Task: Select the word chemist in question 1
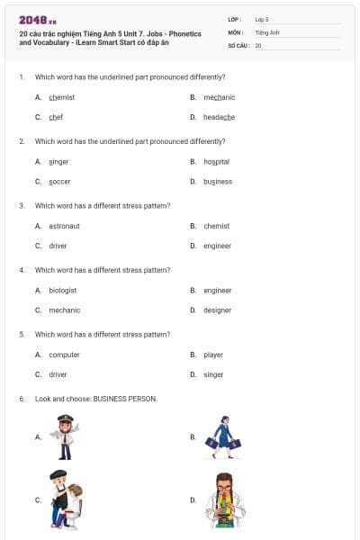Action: click(x=61, y=97)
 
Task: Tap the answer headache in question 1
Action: click(x=219, y=117)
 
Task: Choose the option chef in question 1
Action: click(x=56, y=117)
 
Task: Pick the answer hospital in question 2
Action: click(x=216, y=161)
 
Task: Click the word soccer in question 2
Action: click(x=59, y=181)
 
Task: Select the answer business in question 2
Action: click(x=218, y=181)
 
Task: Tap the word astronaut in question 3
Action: click(x=64, y=226)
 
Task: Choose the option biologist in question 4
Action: click(x=62, y=291)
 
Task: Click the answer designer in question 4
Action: click(x=217, y=310)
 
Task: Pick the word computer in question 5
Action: click(x=64, y=355)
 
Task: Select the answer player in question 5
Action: click(x=213, y=355)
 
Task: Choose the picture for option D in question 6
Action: click(x=219, y=499)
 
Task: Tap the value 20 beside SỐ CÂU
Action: click(x=258, y=44)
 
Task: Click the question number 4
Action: click(x=21, y=270)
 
